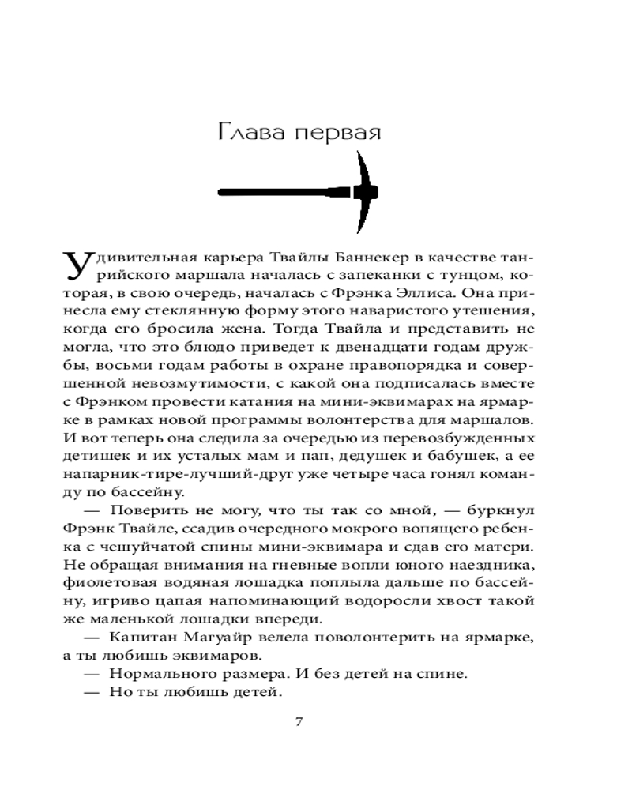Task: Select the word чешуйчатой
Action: click(141, 544)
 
